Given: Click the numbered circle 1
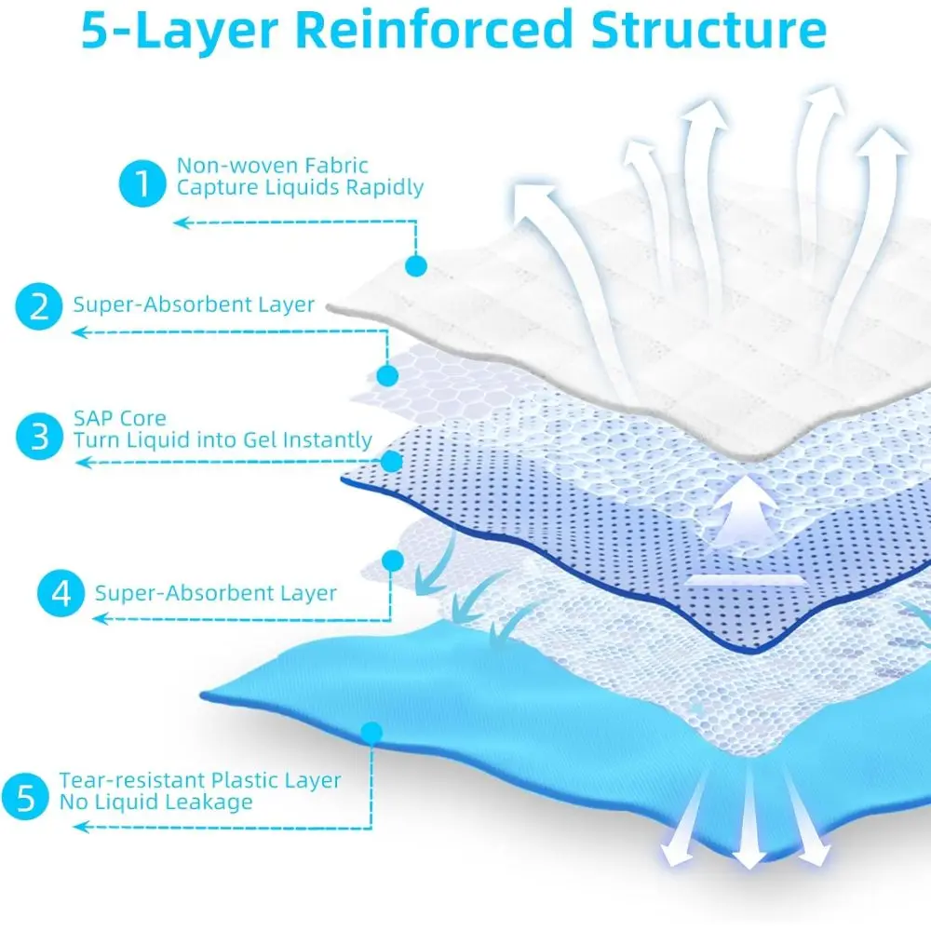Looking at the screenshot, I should [142, 183].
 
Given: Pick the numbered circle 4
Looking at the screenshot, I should [61, 593].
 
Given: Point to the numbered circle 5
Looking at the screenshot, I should [27, 797].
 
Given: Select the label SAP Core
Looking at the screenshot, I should [120, 419].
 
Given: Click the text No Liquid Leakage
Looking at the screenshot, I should [155, 802].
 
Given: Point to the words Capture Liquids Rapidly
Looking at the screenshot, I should [300, 187].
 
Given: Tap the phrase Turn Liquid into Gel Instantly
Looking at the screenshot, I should [223, 439].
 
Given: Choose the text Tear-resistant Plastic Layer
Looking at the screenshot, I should [200, 780].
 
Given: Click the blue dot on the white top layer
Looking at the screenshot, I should [415, 266].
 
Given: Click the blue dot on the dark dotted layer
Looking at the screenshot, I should [392, 461].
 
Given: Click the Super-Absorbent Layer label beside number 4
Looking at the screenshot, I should [215, 592].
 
